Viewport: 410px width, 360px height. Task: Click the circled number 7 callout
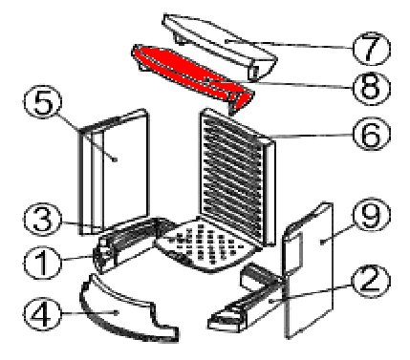(x=371, y=49)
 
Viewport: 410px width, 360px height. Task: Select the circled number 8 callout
(x=371, y=88)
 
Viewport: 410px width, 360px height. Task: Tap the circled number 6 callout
(x=371, y=135)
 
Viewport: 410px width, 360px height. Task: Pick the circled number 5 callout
(x=43, y=102)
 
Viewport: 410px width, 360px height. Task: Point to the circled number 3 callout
(x=42, y=220)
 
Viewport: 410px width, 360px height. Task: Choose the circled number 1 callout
(x=42, y=263)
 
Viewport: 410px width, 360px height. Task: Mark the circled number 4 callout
(x=42, y=314)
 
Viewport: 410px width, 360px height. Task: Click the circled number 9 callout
(x=371, y=215)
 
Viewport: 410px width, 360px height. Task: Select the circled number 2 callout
(x=371, y=282)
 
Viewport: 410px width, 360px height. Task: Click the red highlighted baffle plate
(x=191, y=76)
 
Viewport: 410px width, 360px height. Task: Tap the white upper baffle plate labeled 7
(x=220, y=45)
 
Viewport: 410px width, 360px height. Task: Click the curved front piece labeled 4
(x=127, y=313)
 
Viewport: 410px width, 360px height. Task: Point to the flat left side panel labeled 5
(x=115, y=172)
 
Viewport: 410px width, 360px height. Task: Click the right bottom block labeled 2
(x=247, y=303)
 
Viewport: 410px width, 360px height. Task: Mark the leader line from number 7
(x=289, y=45)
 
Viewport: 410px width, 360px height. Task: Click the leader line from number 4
(x=90, y=313)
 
